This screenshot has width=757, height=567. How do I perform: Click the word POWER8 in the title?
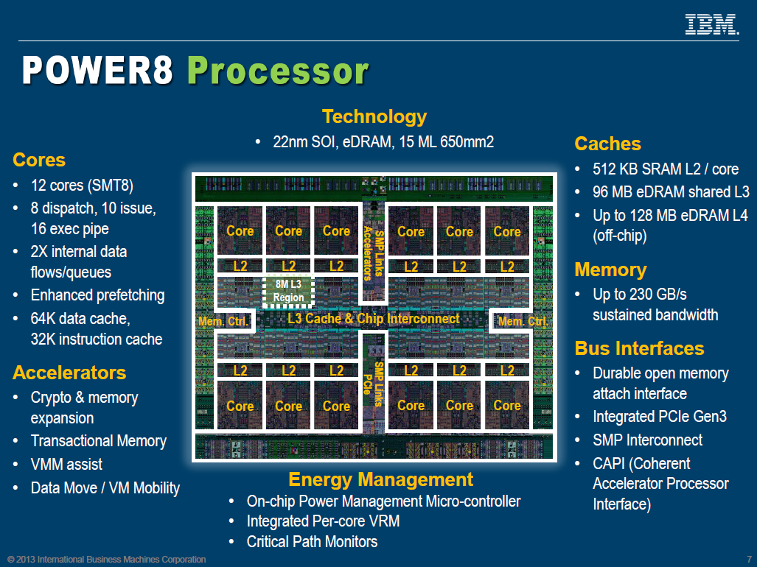pos(97,71)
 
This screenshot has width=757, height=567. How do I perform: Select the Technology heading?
pos(374,116)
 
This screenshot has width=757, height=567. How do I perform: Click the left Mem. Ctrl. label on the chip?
pos(223,322)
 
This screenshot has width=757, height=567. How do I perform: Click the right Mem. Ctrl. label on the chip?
pos(523,322)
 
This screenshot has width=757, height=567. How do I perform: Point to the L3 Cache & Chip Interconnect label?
pos(374,319)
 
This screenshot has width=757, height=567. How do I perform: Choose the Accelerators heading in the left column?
pos(69,373)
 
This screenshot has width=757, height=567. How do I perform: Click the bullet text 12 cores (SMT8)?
pos(82,185)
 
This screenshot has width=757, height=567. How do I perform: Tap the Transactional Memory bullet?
pos(99,441)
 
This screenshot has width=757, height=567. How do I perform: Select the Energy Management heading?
pos(380,479)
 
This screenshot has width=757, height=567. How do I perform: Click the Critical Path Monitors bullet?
pos(313,542)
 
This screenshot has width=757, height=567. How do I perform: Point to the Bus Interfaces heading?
pos(639,348)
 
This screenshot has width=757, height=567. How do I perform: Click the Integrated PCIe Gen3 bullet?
pos(660,417)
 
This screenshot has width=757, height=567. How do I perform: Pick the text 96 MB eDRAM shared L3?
pos(671,192)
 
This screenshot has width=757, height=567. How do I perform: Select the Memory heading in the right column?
pos(610,270)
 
